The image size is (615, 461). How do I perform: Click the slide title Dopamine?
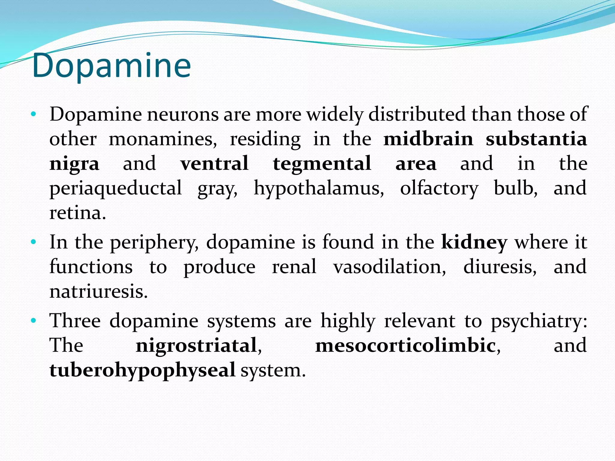(111, 66)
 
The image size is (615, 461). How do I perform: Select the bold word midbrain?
(428, 139)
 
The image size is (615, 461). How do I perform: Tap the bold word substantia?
(536, 139)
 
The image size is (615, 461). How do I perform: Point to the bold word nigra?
(74, 164)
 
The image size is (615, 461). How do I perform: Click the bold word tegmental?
(322, 164)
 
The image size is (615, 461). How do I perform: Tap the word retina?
(77, 213)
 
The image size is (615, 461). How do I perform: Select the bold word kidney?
(474, 243)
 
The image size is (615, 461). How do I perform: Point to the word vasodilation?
(389, 267)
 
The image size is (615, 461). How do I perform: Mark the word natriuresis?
(98, 291)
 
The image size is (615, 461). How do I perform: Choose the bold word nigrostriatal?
(196, 345)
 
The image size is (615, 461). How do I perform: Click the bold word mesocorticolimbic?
(405, 345)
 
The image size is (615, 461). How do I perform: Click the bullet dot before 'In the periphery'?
(33, 242)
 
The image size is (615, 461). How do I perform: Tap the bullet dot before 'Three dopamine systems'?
(33, 321)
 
